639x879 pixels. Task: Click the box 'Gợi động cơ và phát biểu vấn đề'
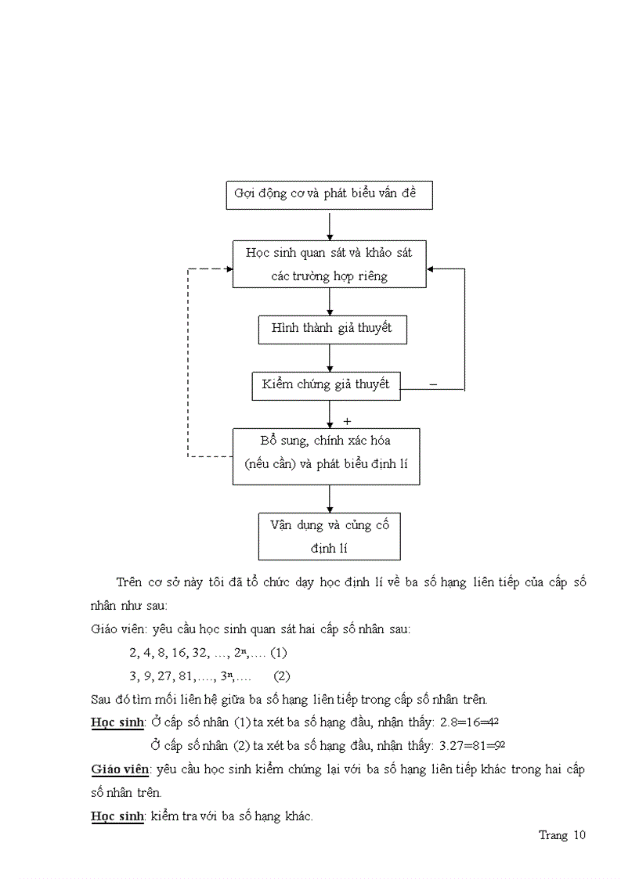click(x=329, y=194)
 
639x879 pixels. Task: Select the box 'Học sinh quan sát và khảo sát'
click(x=329, y=264)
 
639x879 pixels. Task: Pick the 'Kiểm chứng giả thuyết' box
click(x=326, y=385)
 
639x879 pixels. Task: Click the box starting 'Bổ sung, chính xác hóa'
click(x=326, y=456)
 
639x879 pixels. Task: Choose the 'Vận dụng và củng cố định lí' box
click(x=329, y=536)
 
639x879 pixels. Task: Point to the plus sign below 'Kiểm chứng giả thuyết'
click(x=347, y=421)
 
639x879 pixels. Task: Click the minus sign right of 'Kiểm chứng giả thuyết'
click(x=433, y=384)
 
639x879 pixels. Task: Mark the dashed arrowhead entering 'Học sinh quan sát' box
click(x=228, y=268)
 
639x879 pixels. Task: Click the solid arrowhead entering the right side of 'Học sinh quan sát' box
click(x=431, y=268)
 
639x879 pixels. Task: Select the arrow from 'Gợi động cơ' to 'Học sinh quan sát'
click(x=330, y=225)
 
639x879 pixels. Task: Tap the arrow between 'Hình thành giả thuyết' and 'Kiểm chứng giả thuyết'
click(x=330, y=358)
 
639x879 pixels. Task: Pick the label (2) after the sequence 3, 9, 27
click(x=281, y=675)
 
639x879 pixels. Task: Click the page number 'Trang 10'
click(x=561, y=835)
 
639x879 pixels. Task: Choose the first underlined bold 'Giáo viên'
click(x=119, y=769)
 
